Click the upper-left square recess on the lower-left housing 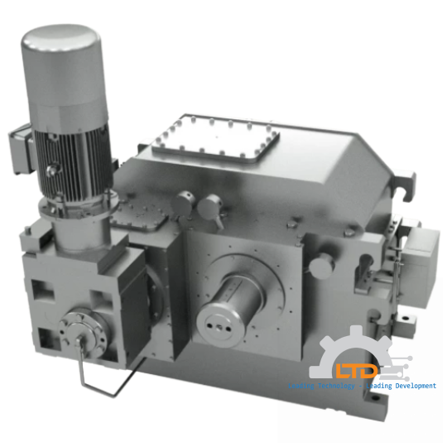tap(41, 291)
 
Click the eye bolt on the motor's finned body tap(55, 170)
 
